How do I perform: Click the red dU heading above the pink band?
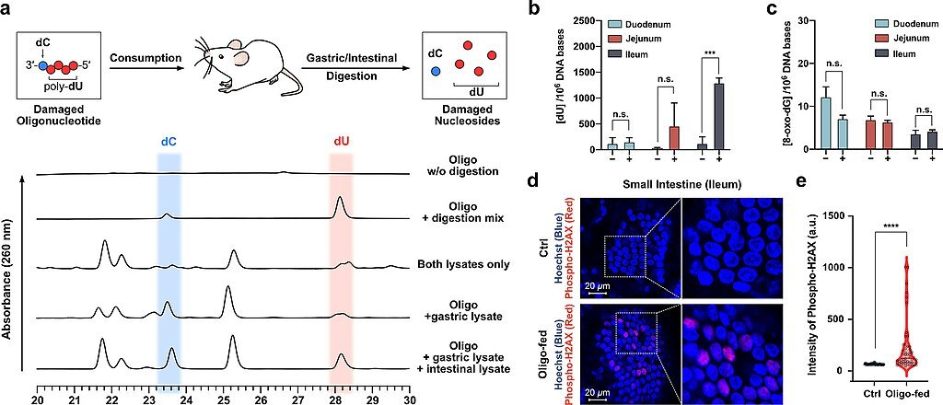tap(341, 142)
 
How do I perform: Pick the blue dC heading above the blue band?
tap(169, 142)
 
